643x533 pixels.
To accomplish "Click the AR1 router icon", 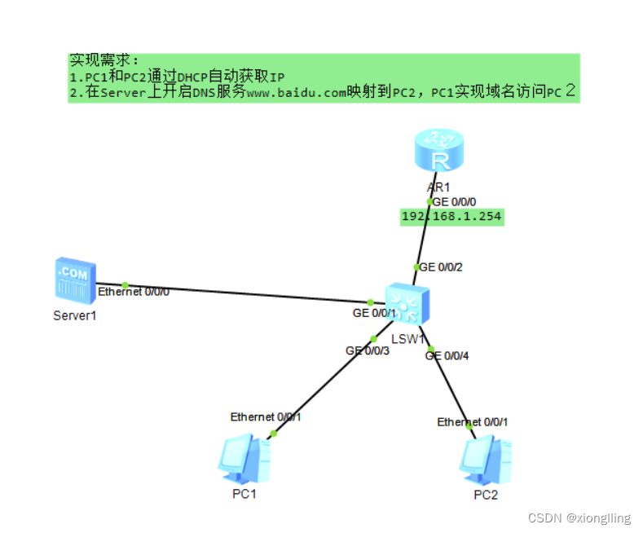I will pos(440,152).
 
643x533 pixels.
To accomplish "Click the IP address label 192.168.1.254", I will pos(451,217).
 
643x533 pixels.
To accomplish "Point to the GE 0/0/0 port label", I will pos(455,201).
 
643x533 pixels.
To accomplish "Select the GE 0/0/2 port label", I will pos(441,267).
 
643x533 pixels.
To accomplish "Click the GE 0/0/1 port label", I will pos(374,313).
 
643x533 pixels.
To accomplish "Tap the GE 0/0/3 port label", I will pos(368,350).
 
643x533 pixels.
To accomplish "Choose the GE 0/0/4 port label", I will pos(447,355).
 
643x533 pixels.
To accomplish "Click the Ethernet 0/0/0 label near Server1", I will pos(134,291).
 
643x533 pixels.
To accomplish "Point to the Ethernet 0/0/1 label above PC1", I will pos(266,416).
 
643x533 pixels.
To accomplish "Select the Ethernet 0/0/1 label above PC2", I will pos(473,421).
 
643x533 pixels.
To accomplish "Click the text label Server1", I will pos(75,315).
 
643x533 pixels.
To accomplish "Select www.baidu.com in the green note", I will pos(297,92).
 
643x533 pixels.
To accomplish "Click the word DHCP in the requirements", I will pos(194,77).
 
